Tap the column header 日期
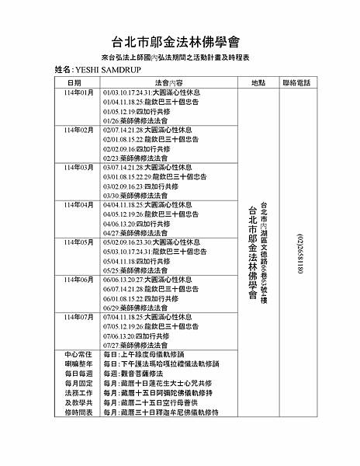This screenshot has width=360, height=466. [74, 82]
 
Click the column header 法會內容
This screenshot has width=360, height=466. [168, 82]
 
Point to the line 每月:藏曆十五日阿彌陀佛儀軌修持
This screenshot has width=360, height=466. [168, 393]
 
